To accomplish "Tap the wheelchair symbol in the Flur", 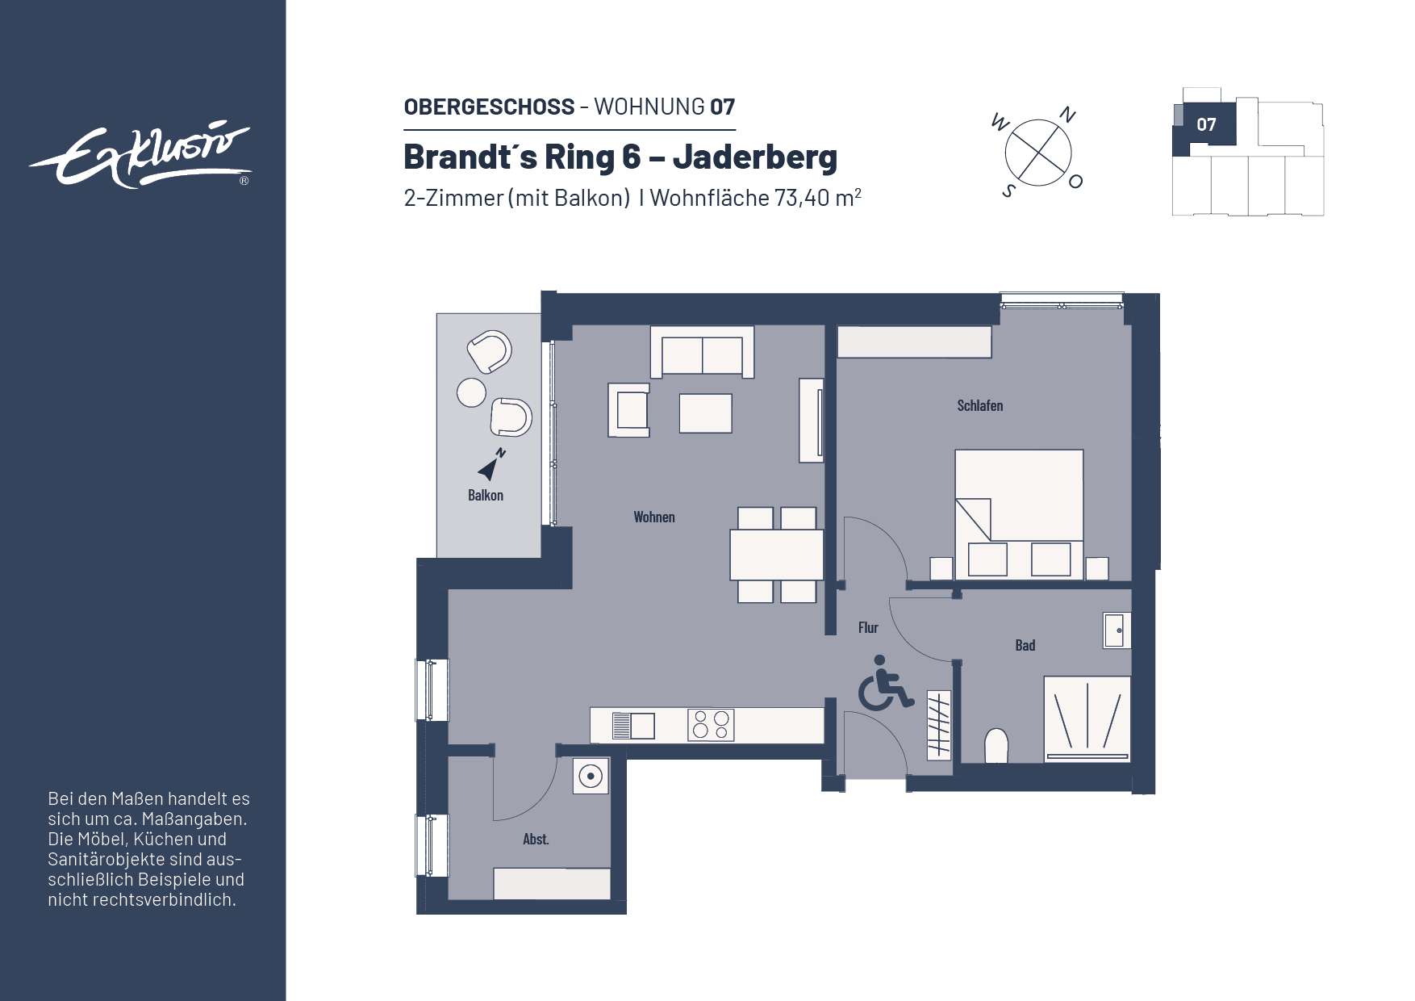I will (883, 684).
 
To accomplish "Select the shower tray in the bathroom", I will (1087, 717).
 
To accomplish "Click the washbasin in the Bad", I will (1117, 630).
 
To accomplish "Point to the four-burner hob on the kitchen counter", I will (711, 724).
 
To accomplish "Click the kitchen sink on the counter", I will (634, 725).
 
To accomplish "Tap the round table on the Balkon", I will (471, 392).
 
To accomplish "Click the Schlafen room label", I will (979, 406).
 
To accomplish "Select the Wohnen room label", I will (653, 517).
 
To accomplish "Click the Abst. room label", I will (536, 840).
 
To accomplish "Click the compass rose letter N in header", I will (1067, 115).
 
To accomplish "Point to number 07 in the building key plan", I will (1206, 125).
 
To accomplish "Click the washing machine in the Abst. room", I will (591, 777).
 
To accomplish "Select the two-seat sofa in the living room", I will (702, 354).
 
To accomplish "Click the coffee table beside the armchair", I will (705, 413).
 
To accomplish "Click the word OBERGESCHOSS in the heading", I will (489, 107).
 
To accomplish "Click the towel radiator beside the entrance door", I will (938, 724).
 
